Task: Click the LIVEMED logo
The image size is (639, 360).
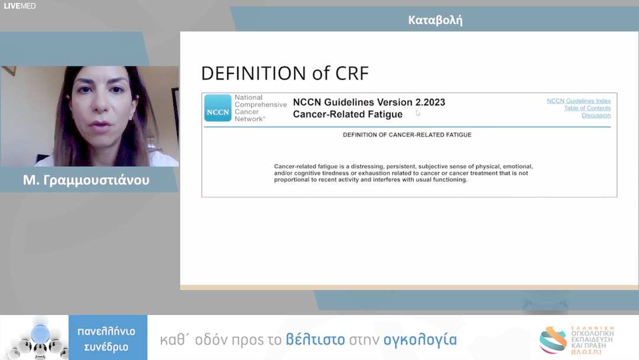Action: coord(20,6)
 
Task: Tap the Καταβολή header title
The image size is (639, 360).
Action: coord(435,20)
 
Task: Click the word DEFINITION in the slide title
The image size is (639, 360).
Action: coord(253,73)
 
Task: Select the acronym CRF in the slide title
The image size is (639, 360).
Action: coord(352,73)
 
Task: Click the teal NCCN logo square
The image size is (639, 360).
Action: coord(218,108)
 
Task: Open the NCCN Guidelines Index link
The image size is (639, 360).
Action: coord(579,101)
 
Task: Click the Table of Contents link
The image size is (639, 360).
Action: coord(588,108)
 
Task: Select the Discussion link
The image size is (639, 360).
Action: coord(596,115)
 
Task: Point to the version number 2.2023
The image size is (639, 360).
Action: coord(430,102)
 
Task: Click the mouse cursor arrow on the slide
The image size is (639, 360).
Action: coord(418,113)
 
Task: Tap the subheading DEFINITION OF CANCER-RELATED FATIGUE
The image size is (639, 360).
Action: coord(407,135)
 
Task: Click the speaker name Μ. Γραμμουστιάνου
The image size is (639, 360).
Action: coord(86,180)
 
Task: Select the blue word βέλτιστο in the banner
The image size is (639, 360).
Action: coord(315,339)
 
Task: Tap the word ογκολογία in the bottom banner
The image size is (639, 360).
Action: coord(420,340)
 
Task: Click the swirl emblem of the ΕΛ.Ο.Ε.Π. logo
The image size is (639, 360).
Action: coord(553,340)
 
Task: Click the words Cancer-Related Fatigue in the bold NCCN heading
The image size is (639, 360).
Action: coord(348,114)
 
